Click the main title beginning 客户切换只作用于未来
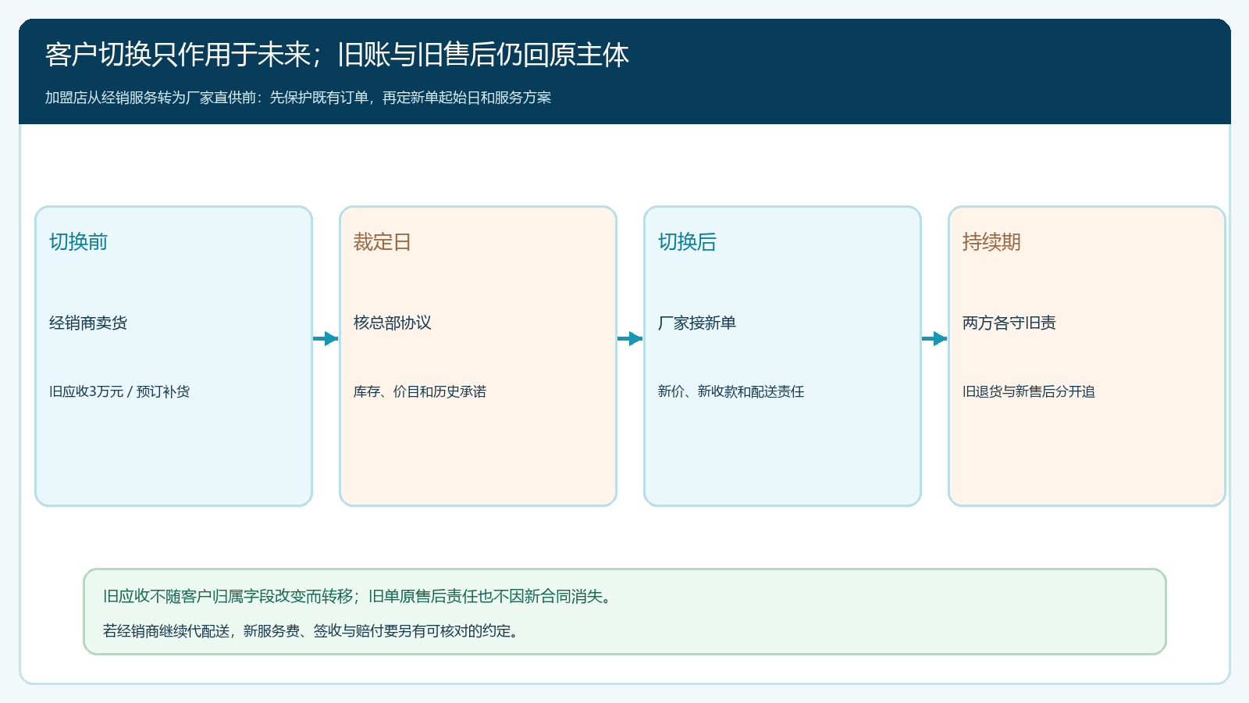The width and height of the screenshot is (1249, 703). [336, 55]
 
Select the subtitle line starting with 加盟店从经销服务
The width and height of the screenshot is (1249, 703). [297, 98]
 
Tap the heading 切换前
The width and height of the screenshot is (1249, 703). [78, 241]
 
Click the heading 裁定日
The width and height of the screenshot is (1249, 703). [382, 241]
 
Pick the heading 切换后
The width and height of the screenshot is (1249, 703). [687, 241]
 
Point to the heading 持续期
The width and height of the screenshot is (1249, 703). [991, 241]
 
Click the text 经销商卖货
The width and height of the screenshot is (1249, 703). [88, 323]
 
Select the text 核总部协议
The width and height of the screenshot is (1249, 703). [392, 323]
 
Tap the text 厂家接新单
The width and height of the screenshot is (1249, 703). [697, 323]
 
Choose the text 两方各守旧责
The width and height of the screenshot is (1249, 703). [1009, 323]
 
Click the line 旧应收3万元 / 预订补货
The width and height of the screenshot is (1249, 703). [119, 391]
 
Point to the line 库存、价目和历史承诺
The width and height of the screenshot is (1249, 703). [419, 391]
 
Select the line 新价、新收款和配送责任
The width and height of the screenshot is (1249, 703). [731, 391]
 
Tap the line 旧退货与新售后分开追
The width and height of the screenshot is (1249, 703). [1029, 391]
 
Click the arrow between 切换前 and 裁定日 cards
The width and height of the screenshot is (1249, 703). [326, 338]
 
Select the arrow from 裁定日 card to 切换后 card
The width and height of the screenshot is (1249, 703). [630, 338]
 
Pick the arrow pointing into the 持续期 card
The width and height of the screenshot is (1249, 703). [934, 338]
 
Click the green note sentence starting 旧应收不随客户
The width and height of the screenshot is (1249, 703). [358, 597]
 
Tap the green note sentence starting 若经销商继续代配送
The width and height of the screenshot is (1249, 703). [311, 631]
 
